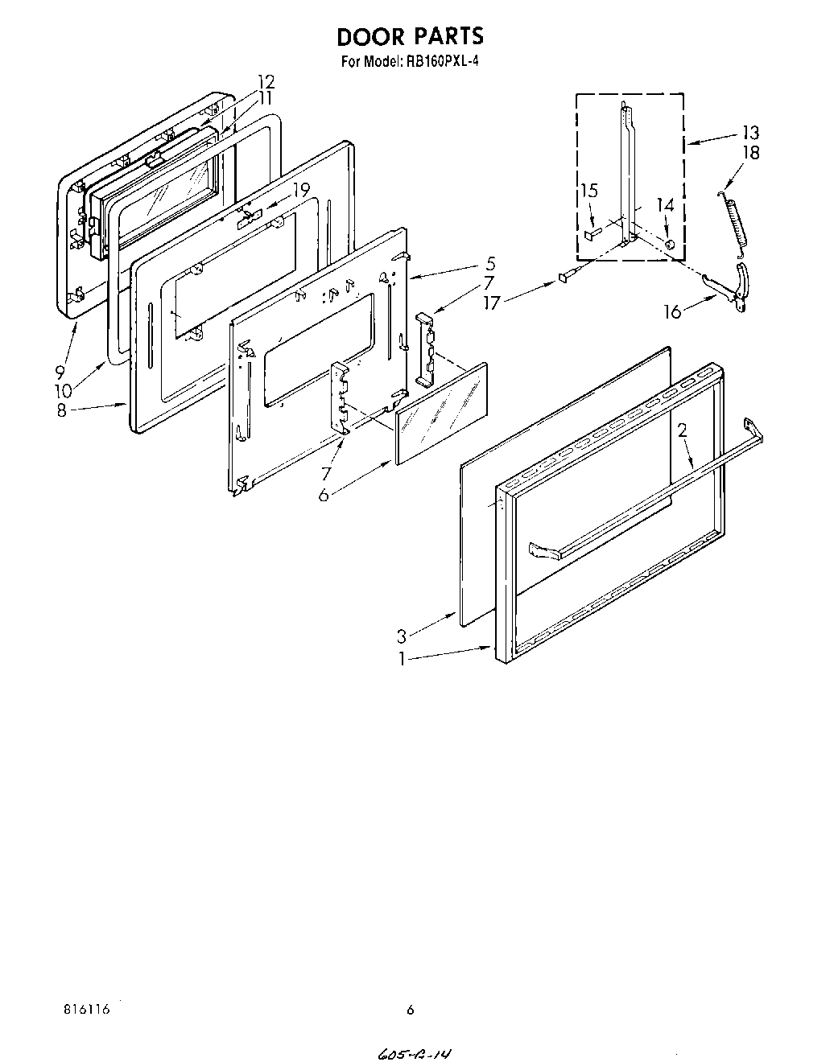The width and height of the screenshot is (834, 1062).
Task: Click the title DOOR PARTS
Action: pyautogui.click(x=411, y=36)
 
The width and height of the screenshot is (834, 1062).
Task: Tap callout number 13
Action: pyautogui.click(x=749, y=133)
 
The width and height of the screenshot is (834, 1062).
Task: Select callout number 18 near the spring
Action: pyautogui.click(x=750, y=152)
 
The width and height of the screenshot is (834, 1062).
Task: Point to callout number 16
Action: pyautogui.click(x=672, y=312)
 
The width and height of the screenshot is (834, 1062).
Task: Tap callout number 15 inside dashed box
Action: pyautogui.click(x=589, y=191)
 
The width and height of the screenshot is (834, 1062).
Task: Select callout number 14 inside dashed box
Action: pyautogui.click(x=664, y=206)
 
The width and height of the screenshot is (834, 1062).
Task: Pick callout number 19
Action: pyautogui.click(x=300, y=191)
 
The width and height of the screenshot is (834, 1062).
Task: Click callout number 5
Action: pyautogui.click(x=491, y=263)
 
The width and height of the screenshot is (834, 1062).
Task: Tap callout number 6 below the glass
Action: pyautogui.click(x=323, y=495)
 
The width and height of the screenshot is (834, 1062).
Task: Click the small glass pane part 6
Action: pyautogui.click(x=441, y=413)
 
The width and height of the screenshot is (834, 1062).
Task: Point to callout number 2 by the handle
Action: pyautogui.click(x=683, y=430)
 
